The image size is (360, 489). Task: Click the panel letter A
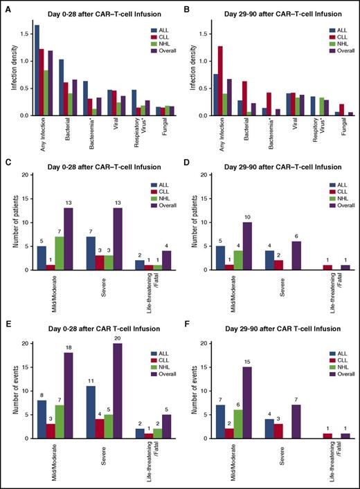pyautogui.click(x=6, y=6)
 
